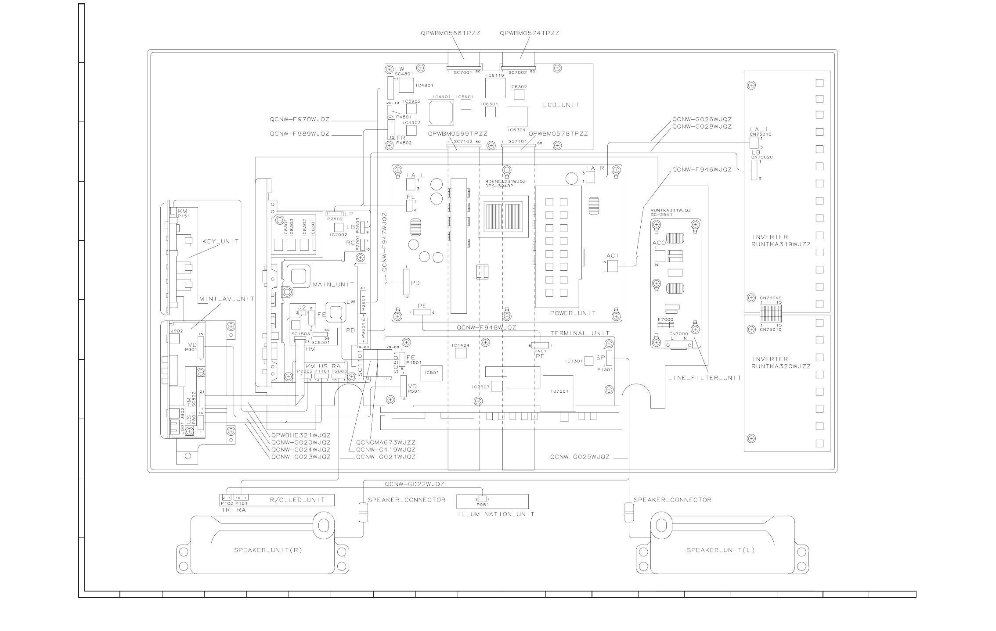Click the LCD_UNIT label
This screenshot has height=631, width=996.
[561, 105]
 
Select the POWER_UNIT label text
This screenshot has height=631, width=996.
[573, 313]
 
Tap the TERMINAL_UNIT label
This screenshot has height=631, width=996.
[580, 333]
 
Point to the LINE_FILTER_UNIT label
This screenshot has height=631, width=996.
[704, 377]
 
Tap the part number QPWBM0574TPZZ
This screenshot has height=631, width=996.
[529, 33]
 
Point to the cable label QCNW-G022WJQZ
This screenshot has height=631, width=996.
[415, 484]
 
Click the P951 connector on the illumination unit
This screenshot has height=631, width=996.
[482, 499]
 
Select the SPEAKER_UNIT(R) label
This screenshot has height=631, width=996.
[268, 550]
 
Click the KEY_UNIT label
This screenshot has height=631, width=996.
[220, 241]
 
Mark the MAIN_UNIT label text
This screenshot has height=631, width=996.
[333, 284]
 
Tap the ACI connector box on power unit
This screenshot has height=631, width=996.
[612, 265]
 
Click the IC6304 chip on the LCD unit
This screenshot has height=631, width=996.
[516, 116]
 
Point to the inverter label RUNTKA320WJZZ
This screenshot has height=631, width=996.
[781, 366]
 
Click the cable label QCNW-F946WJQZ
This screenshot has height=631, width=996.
[702, 169]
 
